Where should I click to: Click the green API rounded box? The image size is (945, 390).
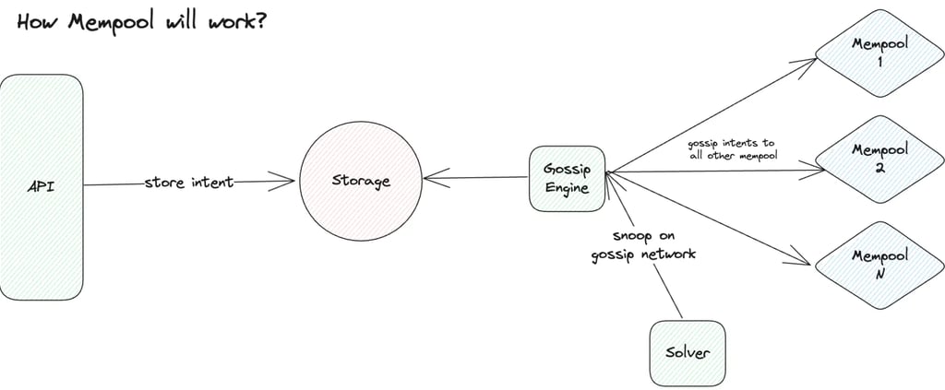tap(42, 186)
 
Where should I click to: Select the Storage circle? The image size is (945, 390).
tap(361, 181)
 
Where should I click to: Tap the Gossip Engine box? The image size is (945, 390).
tap(567, 177)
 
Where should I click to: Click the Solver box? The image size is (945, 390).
tap(687, 353)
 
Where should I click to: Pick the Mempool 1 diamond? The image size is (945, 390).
tap(879, 53)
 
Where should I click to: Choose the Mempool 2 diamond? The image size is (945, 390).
tap(879, 158)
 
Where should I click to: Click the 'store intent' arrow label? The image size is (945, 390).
tap(189, 183)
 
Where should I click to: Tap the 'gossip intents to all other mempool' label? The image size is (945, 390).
tap(732, 149)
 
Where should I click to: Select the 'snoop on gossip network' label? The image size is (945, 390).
tap(643, 244)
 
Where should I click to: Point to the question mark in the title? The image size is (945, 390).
tap(262, 19)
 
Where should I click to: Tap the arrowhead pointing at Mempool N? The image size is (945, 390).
tap(805, 261)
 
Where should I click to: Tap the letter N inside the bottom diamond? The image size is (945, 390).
tap(879, 273)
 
